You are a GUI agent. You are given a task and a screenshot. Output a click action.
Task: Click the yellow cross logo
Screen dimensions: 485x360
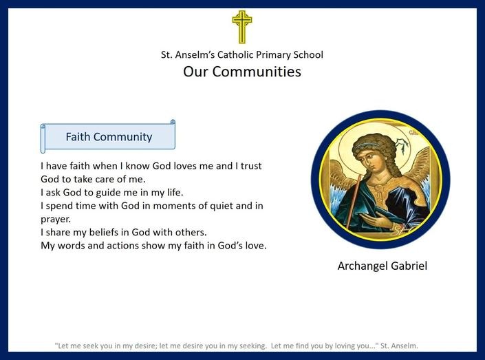pos(242,27)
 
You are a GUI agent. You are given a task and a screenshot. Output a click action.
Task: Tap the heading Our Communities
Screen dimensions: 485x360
pos(242,72)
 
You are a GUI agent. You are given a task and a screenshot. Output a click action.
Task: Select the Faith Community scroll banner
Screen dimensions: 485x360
pos(108,136)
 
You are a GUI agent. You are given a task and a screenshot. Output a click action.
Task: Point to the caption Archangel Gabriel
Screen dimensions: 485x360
pos(382,266)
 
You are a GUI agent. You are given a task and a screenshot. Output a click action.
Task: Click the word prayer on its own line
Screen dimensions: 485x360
pos(55,220)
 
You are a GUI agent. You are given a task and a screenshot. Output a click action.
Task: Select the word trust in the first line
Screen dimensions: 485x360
pos(251,166)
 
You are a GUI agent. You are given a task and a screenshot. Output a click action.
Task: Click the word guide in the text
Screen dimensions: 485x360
pos(108,193)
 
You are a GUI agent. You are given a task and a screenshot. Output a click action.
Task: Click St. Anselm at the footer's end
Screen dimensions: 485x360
pos(399,346)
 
